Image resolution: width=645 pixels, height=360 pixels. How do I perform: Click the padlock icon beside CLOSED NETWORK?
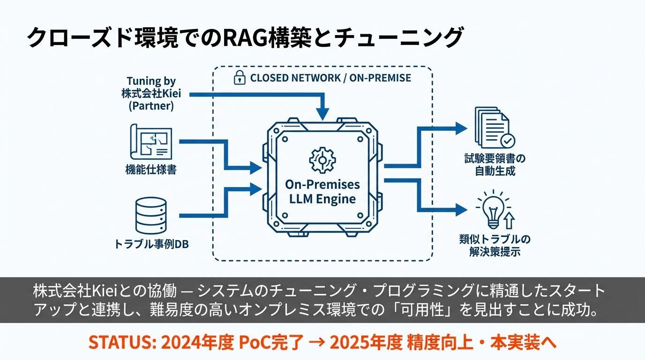(x=240, y=78)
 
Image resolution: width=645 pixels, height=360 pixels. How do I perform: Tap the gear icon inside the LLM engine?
(x=322, y=159)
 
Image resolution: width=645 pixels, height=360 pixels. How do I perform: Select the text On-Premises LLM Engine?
(x=322, y=191)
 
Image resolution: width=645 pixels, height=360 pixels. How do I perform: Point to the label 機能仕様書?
(x=151, y=170)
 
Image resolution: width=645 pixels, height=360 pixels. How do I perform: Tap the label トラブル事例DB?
(x=151, y=244)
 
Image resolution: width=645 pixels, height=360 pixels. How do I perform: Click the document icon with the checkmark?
(x=494, y=127)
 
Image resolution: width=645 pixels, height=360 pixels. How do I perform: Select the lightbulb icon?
(x=493, y=210)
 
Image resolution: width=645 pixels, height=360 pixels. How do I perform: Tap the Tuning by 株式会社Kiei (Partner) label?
(x=151, y=94)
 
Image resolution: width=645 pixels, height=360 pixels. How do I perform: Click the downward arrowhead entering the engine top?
(x=322, y=114)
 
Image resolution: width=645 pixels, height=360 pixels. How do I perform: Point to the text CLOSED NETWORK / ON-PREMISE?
(x=330, y=78)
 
